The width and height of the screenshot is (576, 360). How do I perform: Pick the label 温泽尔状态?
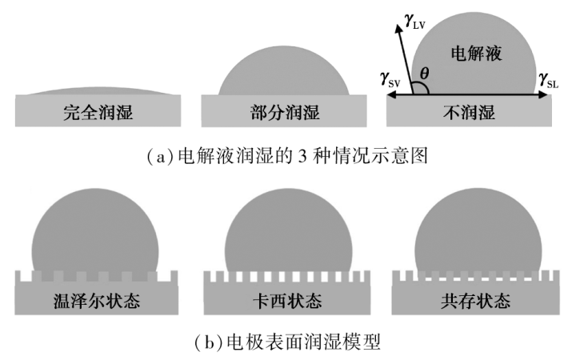coord(98,302)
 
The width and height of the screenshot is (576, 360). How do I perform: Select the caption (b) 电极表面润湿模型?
coord(288,341)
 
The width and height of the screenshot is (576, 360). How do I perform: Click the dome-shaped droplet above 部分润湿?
coord(284,76)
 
